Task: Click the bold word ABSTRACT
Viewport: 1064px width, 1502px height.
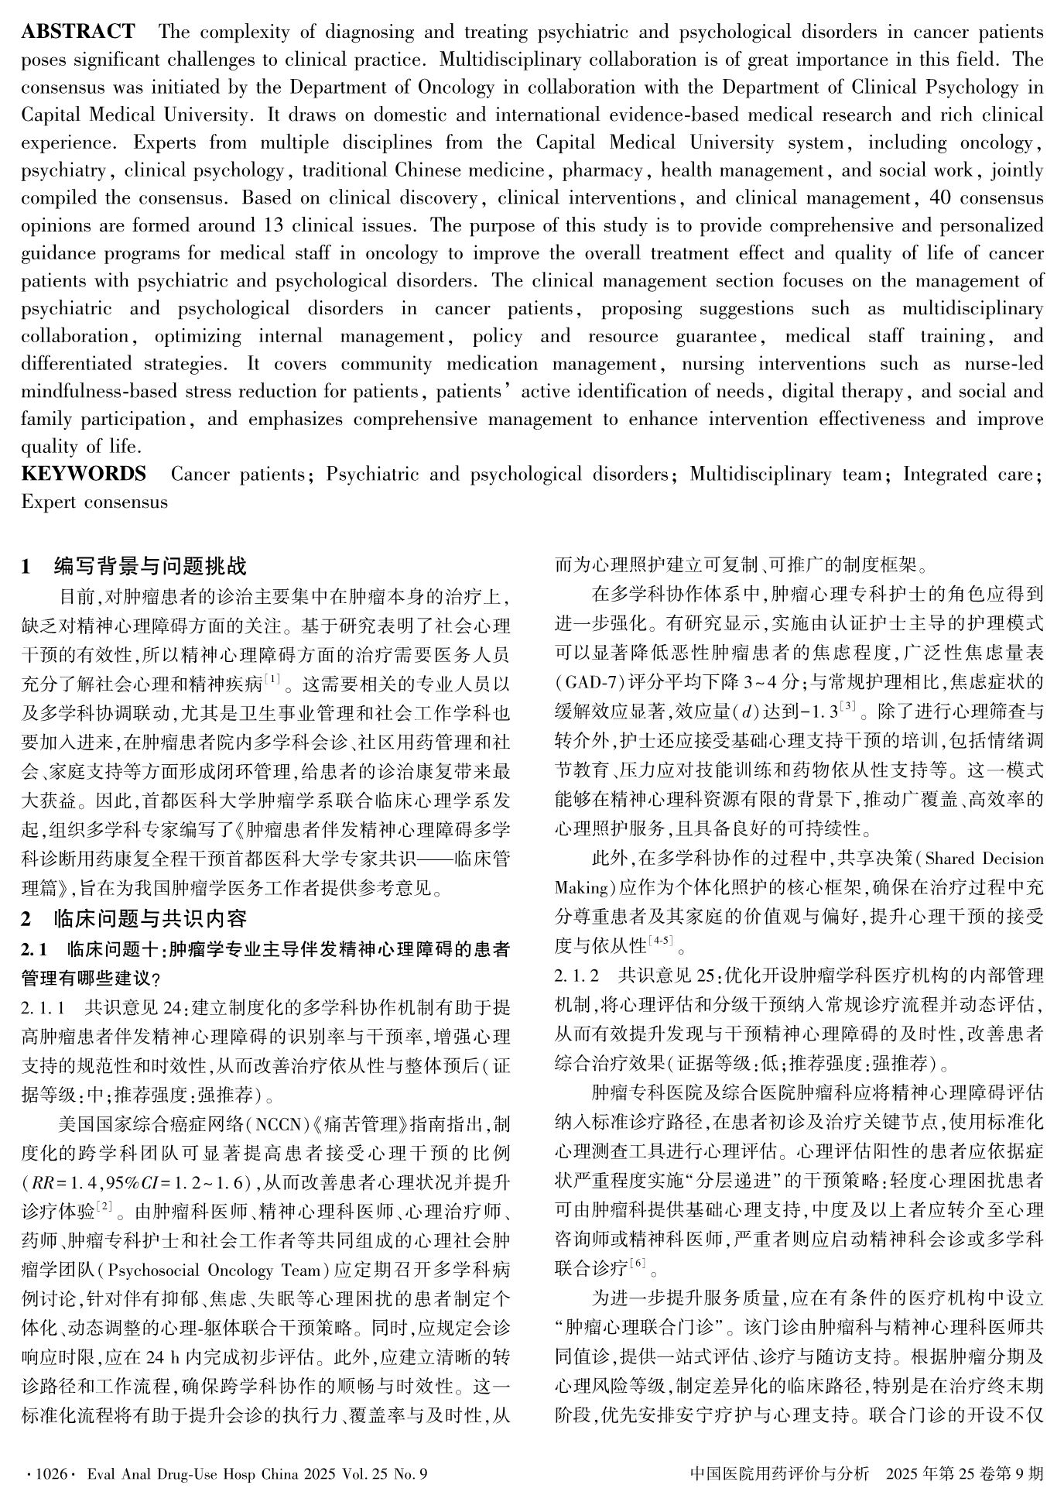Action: coord(77,32)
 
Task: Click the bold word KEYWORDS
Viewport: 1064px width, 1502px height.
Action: coord(84,474)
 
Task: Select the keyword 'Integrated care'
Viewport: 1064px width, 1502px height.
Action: coord(968,474)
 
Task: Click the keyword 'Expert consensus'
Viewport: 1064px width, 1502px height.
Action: coord(94,502)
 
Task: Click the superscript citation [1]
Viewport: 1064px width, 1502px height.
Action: coord(272,679)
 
